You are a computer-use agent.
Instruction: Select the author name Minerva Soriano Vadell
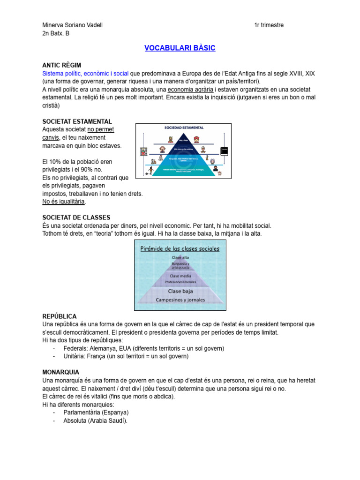tap(72, 25)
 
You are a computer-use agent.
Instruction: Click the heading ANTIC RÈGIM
tap(65, 65)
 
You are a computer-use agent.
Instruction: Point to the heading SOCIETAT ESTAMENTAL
tap(77, 121)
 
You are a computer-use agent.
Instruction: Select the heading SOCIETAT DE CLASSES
tap(76, 217)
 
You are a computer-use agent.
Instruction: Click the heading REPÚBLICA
tap(59, 316)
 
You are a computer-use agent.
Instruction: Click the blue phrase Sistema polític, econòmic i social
tap(85, 74)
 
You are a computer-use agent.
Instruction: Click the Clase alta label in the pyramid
tap(180, 258)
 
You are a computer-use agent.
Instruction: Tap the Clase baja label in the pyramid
tap(180, 291)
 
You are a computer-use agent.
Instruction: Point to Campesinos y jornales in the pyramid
tap(181, 299)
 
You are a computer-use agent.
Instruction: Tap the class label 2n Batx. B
tap(56, 33)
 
